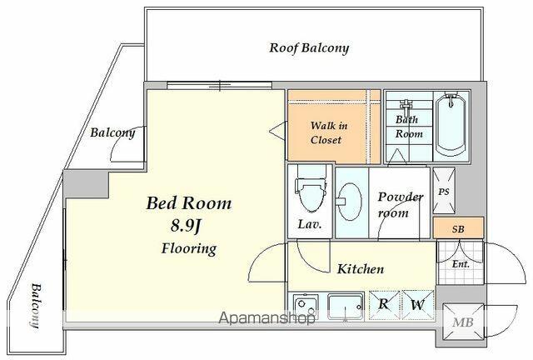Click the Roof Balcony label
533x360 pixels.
pyautogui.click(x=309, y=48)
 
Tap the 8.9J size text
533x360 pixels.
pyautogui.click(x=187, y=226)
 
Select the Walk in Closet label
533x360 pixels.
pyautogui.click(x=328, y=132)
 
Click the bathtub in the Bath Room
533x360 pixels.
pyautogui.click(x=451, y=125)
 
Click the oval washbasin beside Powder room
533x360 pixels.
pyautogui.click(x=349, y=202)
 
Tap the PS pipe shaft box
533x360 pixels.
pyautogui.click(x=444, y=191)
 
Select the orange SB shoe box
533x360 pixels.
pyautogui.click(x=458, y=228)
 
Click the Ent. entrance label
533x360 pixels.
pyautogui.click(x=461, y=263)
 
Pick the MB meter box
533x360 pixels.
pyautogui.click(x=463, y=322)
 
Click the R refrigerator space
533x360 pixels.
pyautogui.click(x=384, y=305)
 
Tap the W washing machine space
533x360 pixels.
pyautogui.click(x=417, y=305)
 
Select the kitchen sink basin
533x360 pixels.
pyautogui.click(x=346, y=307)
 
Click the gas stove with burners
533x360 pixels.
pyautogui.click(x=306, y=306)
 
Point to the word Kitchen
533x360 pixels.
pyautogui.click(x=361, y=269)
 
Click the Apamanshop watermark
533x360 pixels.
pyautogui.click(x=266, y=318)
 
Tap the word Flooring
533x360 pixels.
pyautogui.click(x=189, y=248)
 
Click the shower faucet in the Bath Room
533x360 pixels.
pyautogui.click(x=406, y=107)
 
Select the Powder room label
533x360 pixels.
pyautogui.click(x=400, y=204)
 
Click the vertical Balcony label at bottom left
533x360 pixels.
pyautogui.click(x=35, y=305)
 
